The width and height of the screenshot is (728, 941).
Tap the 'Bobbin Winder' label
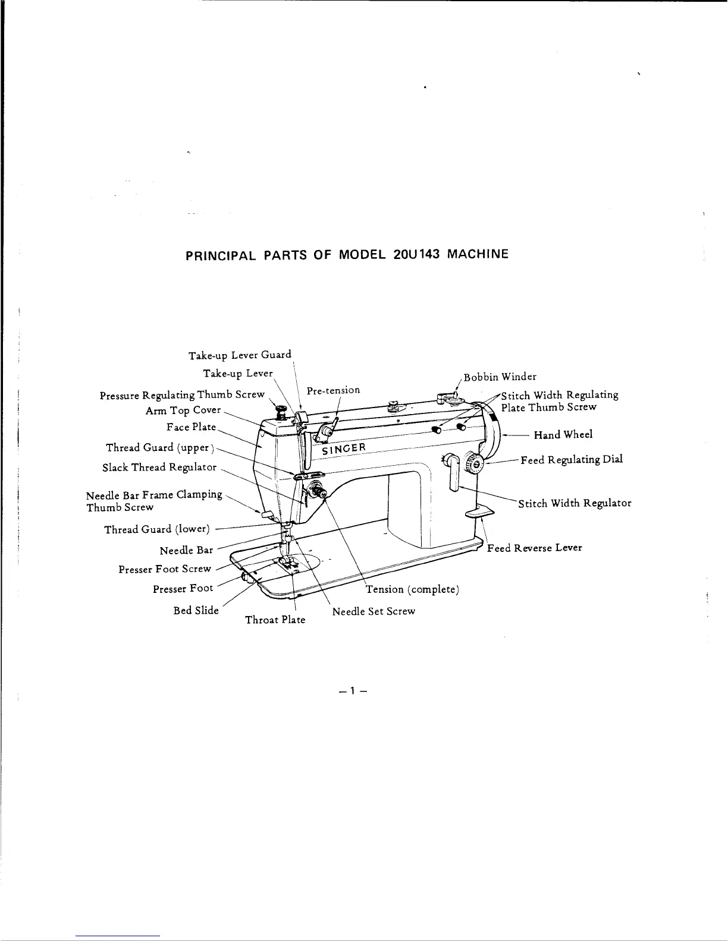coord(500,377)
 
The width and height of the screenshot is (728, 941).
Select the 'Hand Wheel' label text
coord(563,435)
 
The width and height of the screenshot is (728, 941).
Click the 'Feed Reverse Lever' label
coord(534,548)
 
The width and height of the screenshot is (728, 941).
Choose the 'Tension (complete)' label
coord(412,589)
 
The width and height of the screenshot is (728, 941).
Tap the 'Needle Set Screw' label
coord(374,611)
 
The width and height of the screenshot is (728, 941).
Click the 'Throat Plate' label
coord(275,620)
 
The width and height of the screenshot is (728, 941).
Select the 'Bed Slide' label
coord(196,611)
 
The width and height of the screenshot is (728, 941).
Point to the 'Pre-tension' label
coord(333,390)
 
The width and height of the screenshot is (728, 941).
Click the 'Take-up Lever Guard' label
coord(240,355)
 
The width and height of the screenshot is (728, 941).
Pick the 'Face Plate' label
coord(192,427)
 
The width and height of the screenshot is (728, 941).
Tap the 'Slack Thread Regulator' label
coord(159,468)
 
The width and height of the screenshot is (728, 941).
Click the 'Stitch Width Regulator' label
coord(574,504)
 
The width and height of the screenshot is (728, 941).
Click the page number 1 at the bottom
coord(352,691)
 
